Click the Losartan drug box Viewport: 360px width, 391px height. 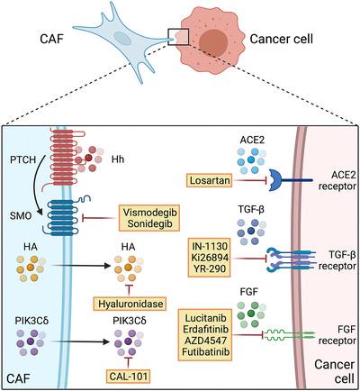[x=210, y=179]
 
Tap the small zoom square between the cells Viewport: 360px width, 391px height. [x=177, y=37]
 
